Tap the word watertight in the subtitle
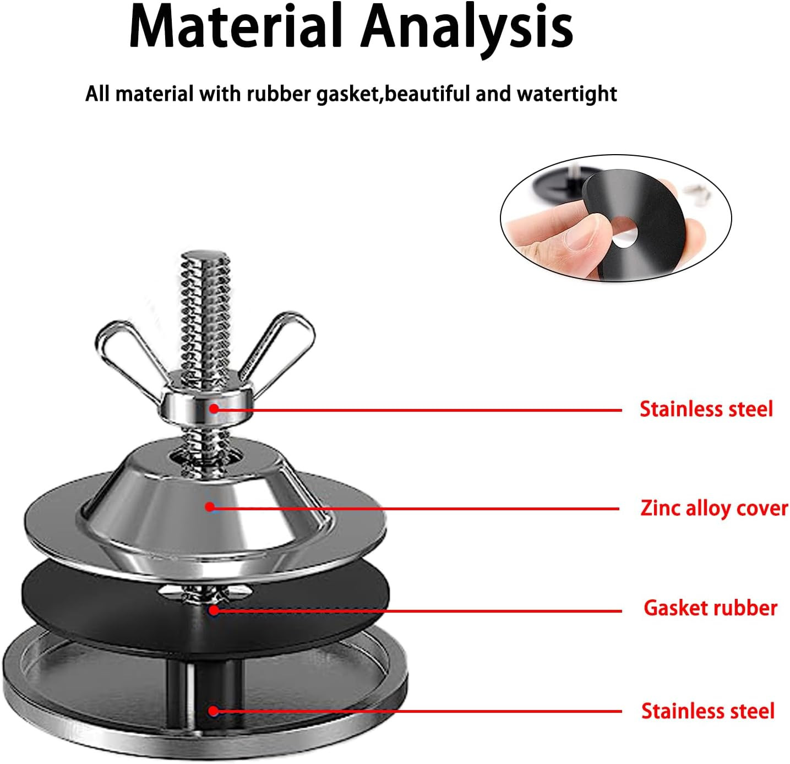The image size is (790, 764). pyautogui.click(x=567, y=94)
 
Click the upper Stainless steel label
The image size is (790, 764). pyautogui.click(x=706, y=409)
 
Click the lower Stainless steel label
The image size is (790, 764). pyautogui.click(x=708, y=711)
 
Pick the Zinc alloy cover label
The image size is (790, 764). pyautogui.click(x=714, y=507)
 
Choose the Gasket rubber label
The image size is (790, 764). pyautogui.click(x=710, y=608)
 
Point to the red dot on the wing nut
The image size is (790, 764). pyautogui.click(x=214, y=408)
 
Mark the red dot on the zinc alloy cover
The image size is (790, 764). pyautogui.click(x=210, y=506)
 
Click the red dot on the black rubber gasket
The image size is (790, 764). pyautogui.click(x=214, y=610)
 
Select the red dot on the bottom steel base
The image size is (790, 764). pyautogui.click(x=214, y=711)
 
